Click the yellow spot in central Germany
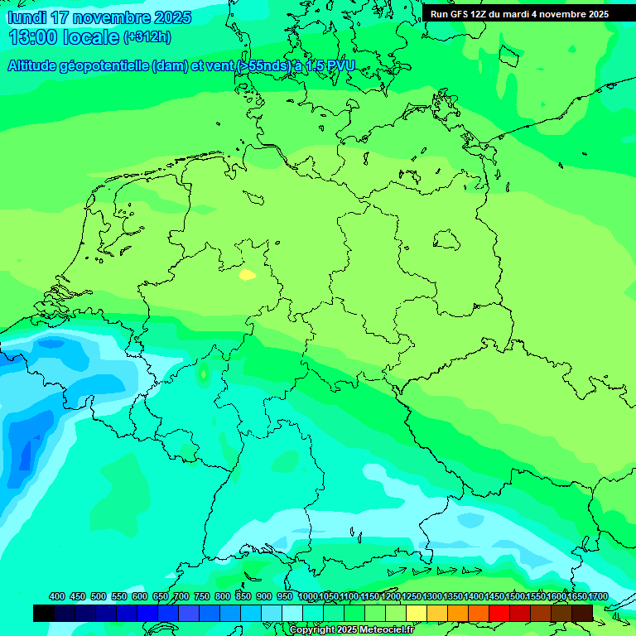pyautogui.click(x=247, y=274)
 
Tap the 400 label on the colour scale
pyautogui.click(x=57, y=596)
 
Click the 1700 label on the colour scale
pyautogui.click(x=598, y=596)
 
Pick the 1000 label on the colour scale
pyautogui.click(x=308, y=596)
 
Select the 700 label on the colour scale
pyautogui.click(x=181, y=596)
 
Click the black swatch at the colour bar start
pyautogui.click(x=44, y=613)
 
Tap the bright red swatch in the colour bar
pyautogui.click(x=499, y=613)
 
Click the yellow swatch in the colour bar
pyautogui.click(x=417, y=613)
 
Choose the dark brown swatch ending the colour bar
pyautogui.click(x=582, y=613)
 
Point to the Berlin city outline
pyautogui.click(x=447, y=240)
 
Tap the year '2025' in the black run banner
pyautogui.click(x=592, y=14)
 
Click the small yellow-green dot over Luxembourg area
pyautogui.click(x=203, y=374)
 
